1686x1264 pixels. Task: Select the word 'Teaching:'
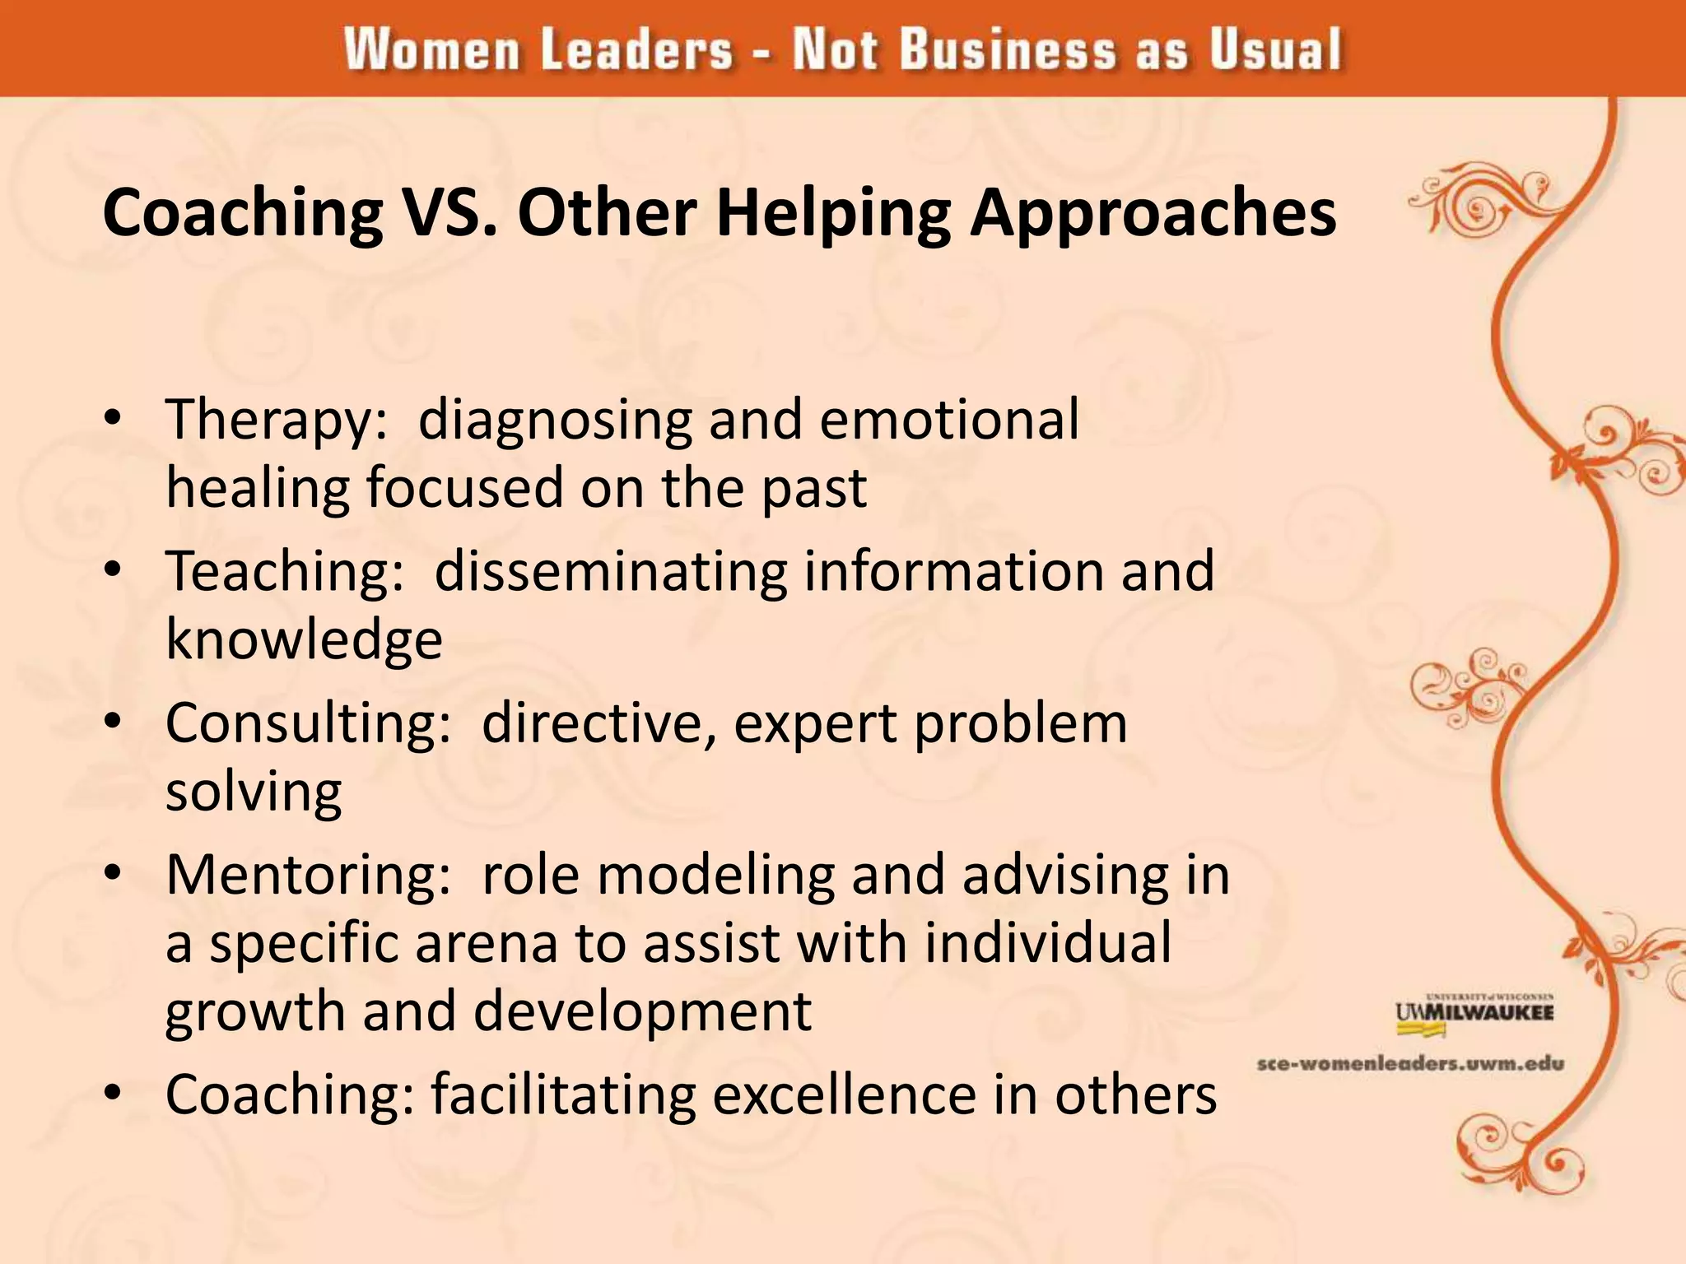[285, 571]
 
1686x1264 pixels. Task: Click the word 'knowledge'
[304, 640]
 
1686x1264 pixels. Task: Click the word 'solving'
[254, 792]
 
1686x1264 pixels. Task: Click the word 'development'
[642, 1011]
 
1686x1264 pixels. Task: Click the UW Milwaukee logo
[1474, 1011]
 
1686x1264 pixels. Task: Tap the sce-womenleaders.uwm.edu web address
[1410, 1063]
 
